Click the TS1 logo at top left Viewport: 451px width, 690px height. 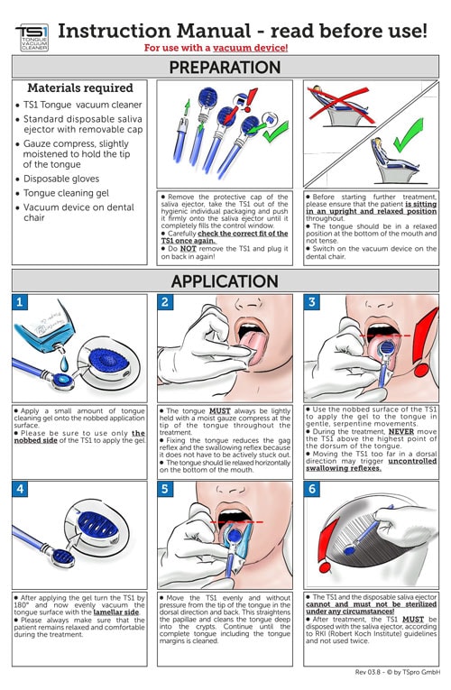32,37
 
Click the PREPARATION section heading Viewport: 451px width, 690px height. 225,68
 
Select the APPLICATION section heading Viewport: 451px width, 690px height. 225,281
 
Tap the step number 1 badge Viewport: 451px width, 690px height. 19,302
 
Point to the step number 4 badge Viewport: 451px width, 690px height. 19,489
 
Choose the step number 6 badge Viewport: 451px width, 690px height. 311,489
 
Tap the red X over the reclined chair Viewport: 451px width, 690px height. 339,104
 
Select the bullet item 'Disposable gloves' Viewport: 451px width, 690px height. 61,179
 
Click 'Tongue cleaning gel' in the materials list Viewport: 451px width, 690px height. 66,193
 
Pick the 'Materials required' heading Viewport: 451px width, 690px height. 80,88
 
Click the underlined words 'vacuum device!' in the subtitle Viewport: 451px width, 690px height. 251,48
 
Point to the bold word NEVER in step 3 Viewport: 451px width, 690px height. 401,432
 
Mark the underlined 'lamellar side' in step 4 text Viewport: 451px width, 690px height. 116,612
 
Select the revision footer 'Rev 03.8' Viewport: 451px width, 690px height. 367,672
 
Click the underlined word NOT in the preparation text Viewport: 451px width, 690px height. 188,249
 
